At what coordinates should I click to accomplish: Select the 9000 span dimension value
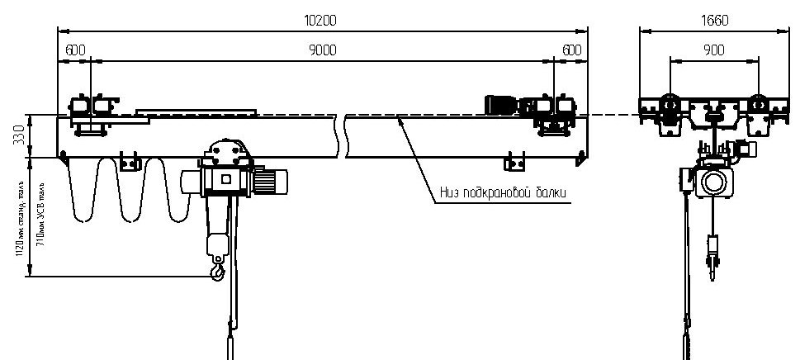pyautogui.click(x=323, y=50)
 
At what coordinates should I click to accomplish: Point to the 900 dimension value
pyautogui.click(x=715, y=50)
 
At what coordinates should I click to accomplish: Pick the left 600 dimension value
pyautogui.click(x=74, y=50)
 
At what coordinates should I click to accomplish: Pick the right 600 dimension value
pyautogui.click(x=571, y=50)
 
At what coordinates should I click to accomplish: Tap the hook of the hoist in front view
pyautogui.click(x=217, y=269)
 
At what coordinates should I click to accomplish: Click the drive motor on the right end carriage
pyautogui.click(x=501, y=105)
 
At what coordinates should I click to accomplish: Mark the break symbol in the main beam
pyautogui.click(x=342, y=137)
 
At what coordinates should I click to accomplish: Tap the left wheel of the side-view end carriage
pyautogui.click(x=670, y=107)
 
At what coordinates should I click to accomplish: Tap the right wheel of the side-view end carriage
pyautogui.click(x=760, y=107)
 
